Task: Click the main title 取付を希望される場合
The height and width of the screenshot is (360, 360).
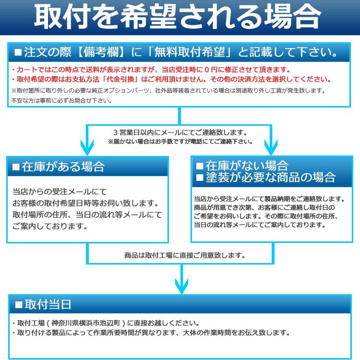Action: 177,17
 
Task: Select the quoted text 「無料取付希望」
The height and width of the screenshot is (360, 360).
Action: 190,52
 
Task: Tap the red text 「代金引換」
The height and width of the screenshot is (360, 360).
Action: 120,79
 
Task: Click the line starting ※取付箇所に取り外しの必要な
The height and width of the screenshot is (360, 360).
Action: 168,91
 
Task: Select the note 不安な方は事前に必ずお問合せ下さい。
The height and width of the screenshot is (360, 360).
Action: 61,101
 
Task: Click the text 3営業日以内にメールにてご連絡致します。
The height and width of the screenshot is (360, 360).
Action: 180,132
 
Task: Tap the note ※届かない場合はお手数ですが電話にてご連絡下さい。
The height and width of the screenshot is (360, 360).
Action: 180,142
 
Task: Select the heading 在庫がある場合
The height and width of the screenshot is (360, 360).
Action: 63,167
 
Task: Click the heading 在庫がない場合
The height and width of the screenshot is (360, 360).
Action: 247,165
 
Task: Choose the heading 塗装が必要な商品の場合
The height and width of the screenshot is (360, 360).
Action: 270,177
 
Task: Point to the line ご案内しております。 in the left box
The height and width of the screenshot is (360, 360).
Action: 50,227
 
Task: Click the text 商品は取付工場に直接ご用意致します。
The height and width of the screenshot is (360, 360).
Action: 185,255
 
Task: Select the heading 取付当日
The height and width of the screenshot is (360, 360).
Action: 48,304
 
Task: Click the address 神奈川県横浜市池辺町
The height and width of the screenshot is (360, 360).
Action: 86,323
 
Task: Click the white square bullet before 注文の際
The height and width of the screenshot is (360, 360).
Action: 18,52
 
